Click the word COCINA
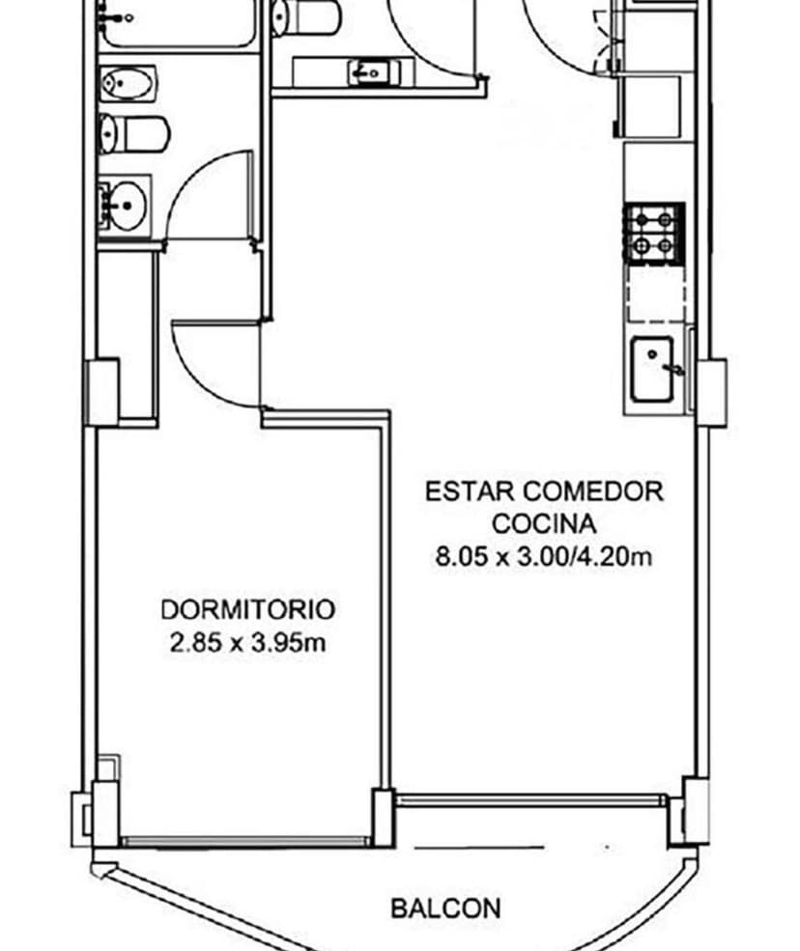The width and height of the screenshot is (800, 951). click(x=544, y=524)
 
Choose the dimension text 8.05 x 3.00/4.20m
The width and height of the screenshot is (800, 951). click(x=545, y=557)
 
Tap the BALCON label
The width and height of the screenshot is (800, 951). click(x=445, y=909)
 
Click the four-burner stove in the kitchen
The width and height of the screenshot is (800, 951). click(x=654, y=234)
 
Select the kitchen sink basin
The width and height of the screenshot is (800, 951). click(x=654, y=370)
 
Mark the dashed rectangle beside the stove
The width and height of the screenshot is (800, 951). click(x=656, y=294)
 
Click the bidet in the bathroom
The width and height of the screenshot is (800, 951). click(x=128, y=85)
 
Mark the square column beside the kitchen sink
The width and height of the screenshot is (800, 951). click(x=711, y=392)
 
